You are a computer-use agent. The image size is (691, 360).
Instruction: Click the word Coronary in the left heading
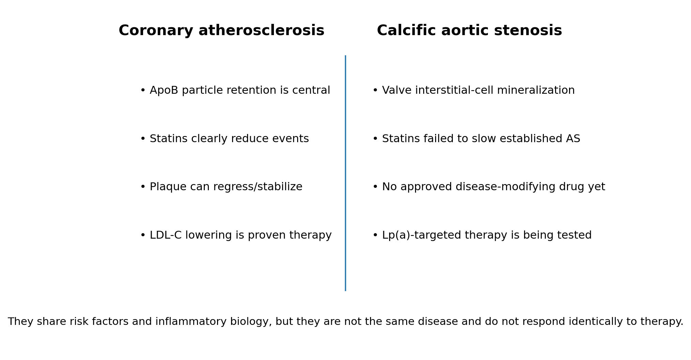tap(156, 31)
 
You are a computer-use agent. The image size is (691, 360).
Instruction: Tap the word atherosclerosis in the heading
tap(261, 31)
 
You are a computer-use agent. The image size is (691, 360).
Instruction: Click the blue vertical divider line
tap(345, 173)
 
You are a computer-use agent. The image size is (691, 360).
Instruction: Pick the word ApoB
tap(164, 90)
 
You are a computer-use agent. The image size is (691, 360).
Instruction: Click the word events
tap(290, 139)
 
